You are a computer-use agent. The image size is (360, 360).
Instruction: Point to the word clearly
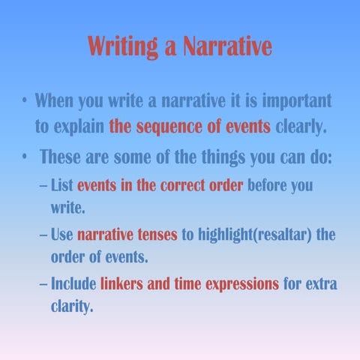click(301, 125)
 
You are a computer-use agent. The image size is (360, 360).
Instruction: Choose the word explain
click(79, 125)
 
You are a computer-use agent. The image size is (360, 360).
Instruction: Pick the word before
click(267, 184)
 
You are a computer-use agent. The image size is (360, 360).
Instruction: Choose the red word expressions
click(240, 284)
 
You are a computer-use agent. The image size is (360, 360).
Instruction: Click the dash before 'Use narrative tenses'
click(43, 235)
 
